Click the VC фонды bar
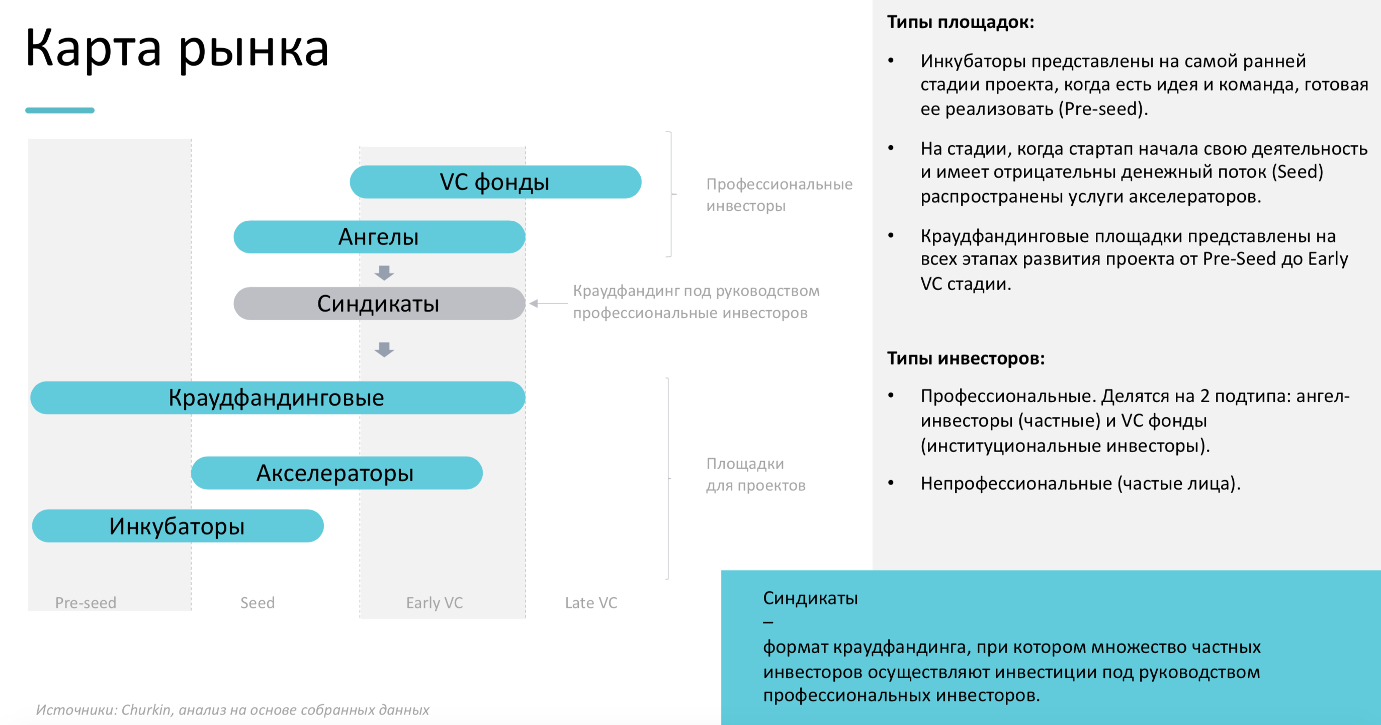495,182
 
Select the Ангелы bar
379,237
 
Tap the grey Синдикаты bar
379,303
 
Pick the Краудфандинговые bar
277,398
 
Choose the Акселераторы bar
336,473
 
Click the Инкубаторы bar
178,526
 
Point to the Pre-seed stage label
86,603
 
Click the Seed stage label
257,603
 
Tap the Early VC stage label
434,603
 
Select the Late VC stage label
591,603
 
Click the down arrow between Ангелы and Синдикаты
384,273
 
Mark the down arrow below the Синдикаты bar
384,349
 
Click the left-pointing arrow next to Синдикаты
548,303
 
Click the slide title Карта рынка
177,48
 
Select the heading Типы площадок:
960,22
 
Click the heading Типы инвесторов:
966,358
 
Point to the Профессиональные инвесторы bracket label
779,195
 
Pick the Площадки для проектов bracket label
755,474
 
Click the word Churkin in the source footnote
146,709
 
